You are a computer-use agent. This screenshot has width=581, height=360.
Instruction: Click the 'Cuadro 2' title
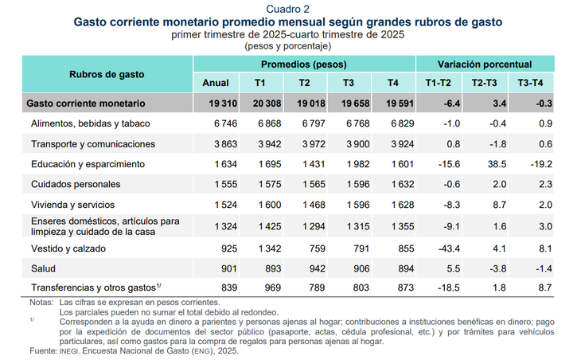287,9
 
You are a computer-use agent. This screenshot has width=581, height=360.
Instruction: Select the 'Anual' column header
215,83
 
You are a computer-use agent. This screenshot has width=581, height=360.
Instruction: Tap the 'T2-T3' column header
484,83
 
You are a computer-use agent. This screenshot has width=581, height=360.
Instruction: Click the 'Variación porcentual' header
485,65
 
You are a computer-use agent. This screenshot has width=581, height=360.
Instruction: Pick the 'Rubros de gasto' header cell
107,74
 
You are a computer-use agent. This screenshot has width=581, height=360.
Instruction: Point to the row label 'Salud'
43,268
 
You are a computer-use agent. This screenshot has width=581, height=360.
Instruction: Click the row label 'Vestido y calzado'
68,248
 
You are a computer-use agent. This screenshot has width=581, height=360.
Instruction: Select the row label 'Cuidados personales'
76,184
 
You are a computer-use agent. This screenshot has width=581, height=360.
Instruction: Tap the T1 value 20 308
267,104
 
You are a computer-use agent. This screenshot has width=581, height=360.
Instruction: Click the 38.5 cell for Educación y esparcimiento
497,164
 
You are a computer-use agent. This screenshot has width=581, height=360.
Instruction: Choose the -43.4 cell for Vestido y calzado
449,248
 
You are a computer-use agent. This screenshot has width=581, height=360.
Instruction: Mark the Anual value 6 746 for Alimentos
225,123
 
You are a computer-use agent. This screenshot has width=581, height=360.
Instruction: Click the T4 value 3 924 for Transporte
403,144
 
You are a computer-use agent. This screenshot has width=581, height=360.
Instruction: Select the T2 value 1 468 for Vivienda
314,205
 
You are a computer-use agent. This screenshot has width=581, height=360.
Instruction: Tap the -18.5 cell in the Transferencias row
449,288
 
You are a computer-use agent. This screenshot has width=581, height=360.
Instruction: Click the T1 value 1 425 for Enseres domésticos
270,226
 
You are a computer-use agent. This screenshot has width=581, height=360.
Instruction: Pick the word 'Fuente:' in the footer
43,350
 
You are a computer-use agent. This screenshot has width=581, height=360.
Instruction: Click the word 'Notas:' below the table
41,302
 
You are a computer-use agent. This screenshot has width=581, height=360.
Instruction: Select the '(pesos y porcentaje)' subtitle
287,46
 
